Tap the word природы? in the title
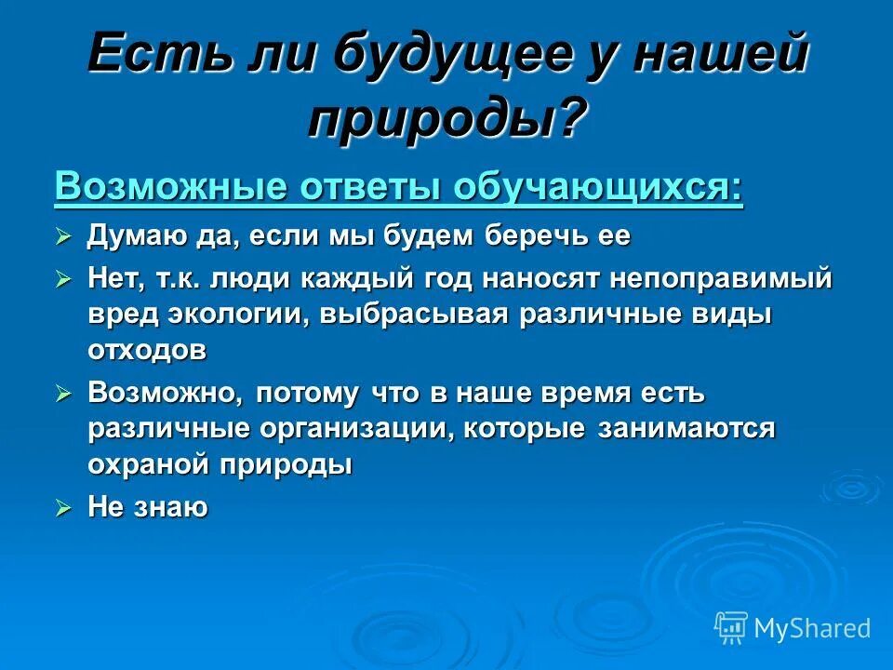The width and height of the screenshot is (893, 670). pos(447,118)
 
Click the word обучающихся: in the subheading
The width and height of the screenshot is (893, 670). pos(598,187)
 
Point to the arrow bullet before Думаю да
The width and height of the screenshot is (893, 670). pos(63,236)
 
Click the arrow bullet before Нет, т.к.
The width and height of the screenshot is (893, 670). pos(63,277)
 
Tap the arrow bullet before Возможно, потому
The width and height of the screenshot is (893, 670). pos(63,394)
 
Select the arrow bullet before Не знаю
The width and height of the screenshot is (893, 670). pos(63,507)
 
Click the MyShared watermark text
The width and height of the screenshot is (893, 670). pos(813,628)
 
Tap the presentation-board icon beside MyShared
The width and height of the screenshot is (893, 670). pos(731,627)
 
